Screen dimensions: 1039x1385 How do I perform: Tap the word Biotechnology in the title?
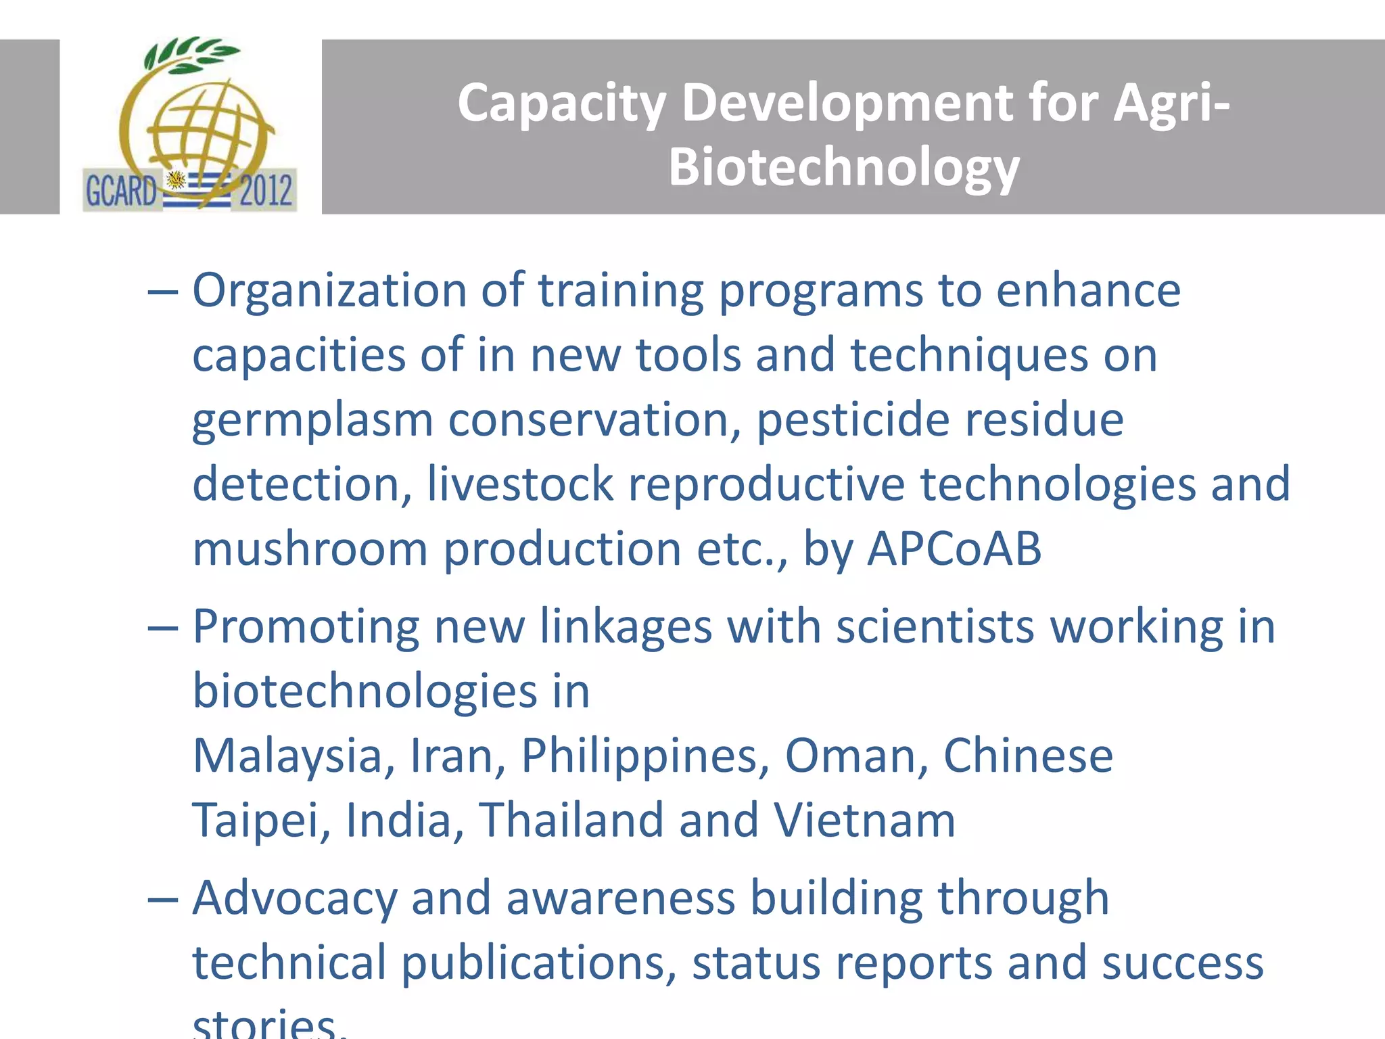click(x=844, y=167)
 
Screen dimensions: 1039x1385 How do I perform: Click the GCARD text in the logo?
click(x=121, y=191)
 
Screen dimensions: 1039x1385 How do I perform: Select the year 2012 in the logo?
click(x=266, y=191)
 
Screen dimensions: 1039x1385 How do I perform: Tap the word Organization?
click(x=329, y=291)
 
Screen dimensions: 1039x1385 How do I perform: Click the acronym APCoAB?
click(x=954, y=548)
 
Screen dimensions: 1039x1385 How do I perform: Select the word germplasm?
click(x=312, y=421)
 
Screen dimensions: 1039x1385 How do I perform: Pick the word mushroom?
click(x=310, y=548)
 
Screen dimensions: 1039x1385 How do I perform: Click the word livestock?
click(x=520, y=484)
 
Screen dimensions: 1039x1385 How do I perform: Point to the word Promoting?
click(x=306, y=626)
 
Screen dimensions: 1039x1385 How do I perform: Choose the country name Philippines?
click(x=645, y=756)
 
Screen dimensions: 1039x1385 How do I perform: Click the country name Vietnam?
click(x=864, y=820)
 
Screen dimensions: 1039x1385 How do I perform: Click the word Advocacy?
click(x=295, y=898)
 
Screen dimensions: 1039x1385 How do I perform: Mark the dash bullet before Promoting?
click(x=163, y=628)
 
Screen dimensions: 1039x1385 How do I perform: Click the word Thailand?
click(x=571, y=820)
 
